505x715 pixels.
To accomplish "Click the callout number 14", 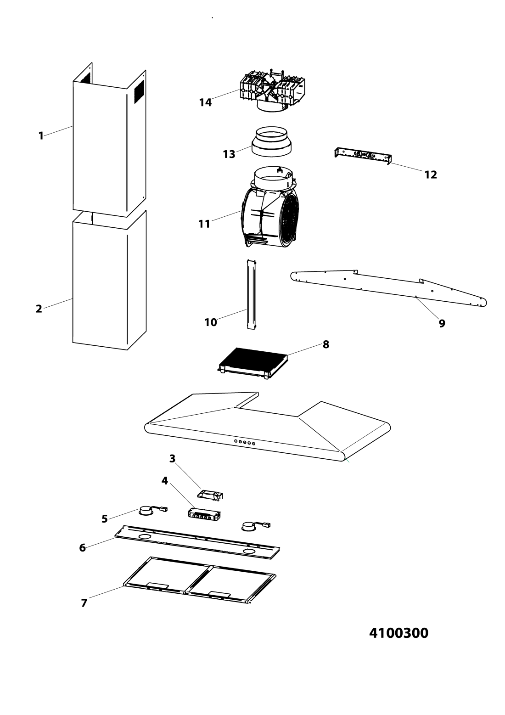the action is tap(205, 102).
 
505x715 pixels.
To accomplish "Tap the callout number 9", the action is tap(442, 323).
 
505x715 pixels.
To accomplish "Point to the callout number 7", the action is tap(84, 603).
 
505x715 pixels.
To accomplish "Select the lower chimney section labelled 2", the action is tap(109, 280).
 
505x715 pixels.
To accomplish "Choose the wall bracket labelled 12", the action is tap(363, 156).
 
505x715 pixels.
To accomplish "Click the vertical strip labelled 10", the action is tap(251, 294).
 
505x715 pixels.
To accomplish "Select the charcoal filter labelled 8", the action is tap(252, 363).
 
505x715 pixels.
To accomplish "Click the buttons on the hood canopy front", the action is tap(245, 442).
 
